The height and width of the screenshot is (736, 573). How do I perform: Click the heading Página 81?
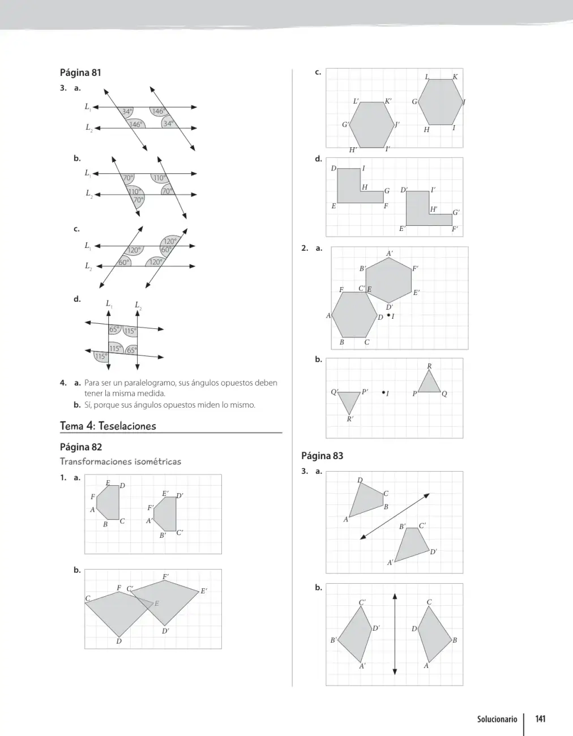(80, 73)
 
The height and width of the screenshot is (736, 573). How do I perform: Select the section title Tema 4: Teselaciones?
(108, 426)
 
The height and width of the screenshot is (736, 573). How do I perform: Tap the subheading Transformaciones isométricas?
(121, 461)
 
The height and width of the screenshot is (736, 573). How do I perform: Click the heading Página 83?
(322, 456)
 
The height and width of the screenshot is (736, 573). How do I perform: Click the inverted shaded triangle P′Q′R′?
(349, 400)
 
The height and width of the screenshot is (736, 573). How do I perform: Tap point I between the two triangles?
(383, 392)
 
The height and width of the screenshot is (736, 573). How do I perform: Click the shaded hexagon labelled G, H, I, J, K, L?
(441, 102)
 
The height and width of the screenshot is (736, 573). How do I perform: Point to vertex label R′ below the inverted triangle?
(350, 419)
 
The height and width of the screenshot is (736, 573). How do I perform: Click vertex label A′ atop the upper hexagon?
(390, 253)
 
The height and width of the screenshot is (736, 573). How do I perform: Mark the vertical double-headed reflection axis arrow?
(395, 634)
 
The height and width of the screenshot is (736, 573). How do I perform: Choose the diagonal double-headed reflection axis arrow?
(395, 516)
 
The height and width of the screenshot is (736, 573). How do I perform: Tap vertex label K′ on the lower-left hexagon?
(388, 101)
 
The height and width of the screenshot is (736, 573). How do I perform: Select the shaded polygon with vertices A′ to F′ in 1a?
(165, 514)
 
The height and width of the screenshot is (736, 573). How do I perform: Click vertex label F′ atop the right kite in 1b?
(165, 576)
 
